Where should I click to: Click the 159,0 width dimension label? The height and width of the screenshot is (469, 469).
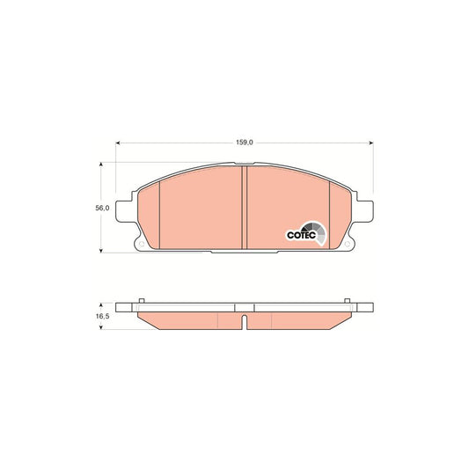point(245,143)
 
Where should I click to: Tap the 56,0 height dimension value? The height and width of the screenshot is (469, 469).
point(102,209)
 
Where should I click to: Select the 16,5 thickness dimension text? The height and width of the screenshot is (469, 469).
point(102,316)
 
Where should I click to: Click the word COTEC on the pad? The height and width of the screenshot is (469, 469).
point(301,235)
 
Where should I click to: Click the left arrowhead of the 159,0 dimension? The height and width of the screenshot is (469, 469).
point(118,143)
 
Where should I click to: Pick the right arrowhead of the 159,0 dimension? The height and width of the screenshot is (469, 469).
point(371,143)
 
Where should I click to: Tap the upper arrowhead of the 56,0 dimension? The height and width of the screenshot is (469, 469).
point(101,165)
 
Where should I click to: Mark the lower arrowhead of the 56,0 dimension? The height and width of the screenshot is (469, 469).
point(101,251)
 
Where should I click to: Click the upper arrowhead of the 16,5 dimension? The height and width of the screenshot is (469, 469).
point(101,304)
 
